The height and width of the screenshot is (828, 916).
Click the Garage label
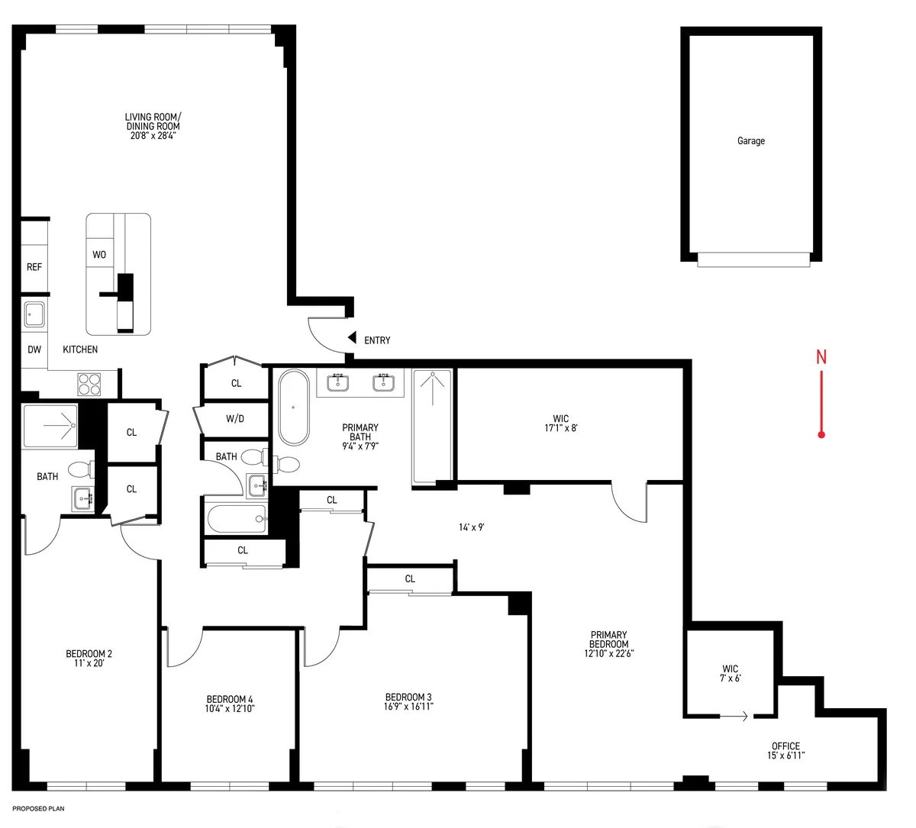(750, 141)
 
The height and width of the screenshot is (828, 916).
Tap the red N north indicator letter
(821, 356)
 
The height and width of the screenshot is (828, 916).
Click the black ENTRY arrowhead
(352, 337)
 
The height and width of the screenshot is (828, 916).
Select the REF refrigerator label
(34, 267)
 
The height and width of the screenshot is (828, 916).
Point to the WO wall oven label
(99, 255)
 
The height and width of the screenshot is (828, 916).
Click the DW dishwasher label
(34, 350)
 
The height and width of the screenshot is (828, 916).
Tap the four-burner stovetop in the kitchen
(89, 382)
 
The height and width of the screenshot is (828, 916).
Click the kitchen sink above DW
(34, 313)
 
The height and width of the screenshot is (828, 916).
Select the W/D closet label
(235, 419)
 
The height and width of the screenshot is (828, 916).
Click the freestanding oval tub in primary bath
(292, 407)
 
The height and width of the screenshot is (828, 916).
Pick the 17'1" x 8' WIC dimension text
(560, 428)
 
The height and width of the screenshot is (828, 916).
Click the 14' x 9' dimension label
(473, 527)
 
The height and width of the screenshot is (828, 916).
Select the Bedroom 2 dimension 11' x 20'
(89, 663)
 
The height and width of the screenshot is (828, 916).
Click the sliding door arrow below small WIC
(734, 717)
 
